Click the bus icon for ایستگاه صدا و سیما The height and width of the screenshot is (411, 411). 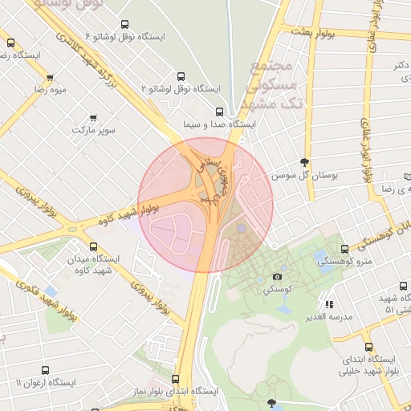[221, 112]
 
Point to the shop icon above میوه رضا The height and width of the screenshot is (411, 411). [50, 78]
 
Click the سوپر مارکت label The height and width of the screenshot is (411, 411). [94, 129]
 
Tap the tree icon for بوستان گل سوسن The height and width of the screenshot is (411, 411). [303, 161]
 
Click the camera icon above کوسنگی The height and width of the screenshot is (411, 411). [278, 276]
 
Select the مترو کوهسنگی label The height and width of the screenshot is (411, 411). [345, 262]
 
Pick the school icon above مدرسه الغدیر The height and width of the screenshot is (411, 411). [329, 304]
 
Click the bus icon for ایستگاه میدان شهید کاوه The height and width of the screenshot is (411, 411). [94, 247]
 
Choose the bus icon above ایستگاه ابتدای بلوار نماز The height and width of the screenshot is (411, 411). [176, 378]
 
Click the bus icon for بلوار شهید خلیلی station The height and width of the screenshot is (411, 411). [368, 347]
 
